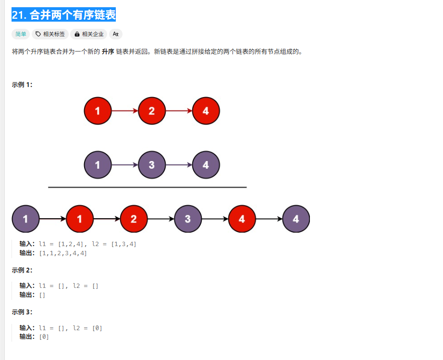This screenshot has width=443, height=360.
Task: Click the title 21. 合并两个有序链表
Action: (63, 15)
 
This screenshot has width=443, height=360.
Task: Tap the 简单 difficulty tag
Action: (21, 34)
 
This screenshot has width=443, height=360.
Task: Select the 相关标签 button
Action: (50, 34)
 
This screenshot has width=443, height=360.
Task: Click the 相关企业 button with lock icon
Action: (89, 34)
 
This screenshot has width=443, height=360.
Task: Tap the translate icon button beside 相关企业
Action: (116, 34)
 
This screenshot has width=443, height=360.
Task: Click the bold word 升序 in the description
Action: (108, 51)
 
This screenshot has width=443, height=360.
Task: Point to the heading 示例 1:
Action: (22, 85)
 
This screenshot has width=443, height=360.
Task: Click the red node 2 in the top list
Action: (151, 111)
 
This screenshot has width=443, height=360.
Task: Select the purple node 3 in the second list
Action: (151, 165)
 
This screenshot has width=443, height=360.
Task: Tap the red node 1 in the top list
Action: (98, 111)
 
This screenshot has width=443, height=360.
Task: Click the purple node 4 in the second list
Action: (206, 165)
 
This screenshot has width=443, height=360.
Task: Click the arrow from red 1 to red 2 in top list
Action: (124, 111)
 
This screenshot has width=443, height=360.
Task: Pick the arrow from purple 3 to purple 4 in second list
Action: (179, 165)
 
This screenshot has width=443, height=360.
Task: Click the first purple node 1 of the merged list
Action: (25, 219)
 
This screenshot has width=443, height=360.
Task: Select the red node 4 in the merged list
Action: (242, 219)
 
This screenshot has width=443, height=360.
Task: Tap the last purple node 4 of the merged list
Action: (296, 219)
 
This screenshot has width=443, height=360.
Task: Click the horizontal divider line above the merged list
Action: (147, 187)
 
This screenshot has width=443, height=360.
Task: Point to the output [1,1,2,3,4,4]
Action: (63, 253)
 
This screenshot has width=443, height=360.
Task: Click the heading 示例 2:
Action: (22, 270)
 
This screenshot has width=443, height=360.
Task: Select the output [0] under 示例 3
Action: (44, 337)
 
